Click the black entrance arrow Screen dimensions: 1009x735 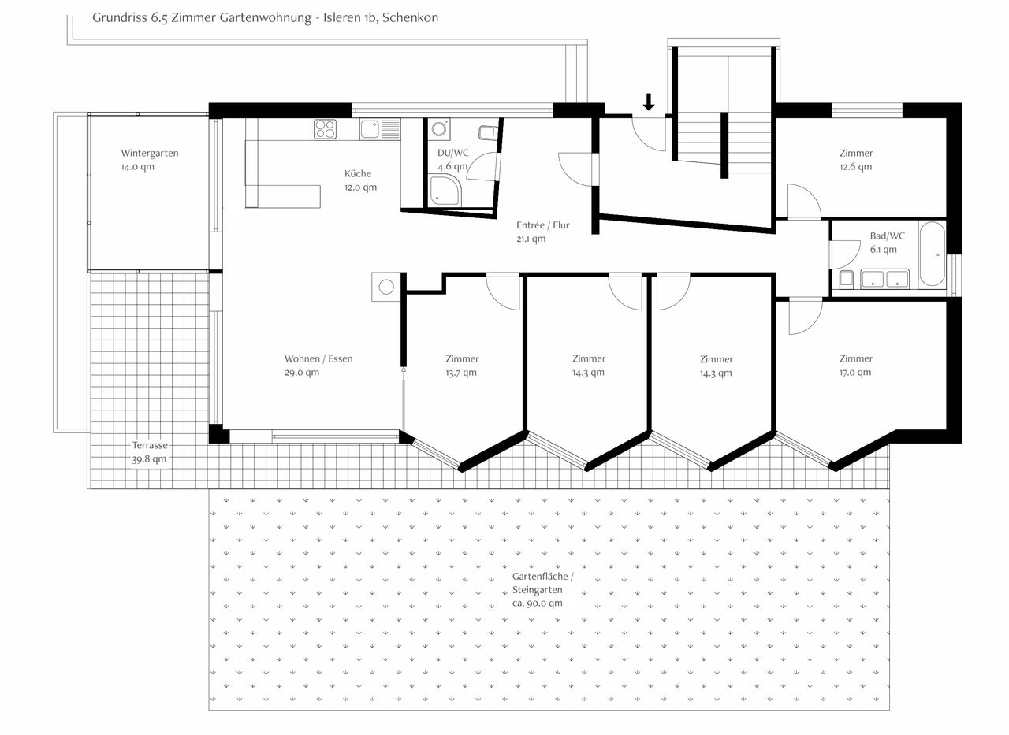pos(649,102)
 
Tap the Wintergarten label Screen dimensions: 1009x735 pos(150,153)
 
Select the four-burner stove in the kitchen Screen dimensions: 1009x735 pos(326,129)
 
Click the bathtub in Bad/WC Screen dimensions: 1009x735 pos(932,254)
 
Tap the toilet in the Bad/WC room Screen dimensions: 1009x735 pos(847,279)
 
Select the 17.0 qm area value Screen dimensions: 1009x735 pos(855,372)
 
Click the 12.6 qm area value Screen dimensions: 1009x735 pos(855,166)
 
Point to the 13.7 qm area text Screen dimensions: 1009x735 pos(461,373)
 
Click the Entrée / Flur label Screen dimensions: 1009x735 pos(543,225)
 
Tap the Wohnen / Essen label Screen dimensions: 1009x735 pos(318,358)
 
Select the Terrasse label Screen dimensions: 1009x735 pos(150,445)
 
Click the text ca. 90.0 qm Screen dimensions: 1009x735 pos(538,603)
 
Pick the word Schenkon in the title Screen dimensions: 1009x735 pos(411,17)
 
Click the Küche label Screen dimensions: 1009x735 pos(358,173)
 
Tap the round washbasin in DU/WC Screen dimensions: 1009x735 pos(439,129)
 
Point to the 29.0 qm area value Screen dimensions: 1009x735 pos(302,373)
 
